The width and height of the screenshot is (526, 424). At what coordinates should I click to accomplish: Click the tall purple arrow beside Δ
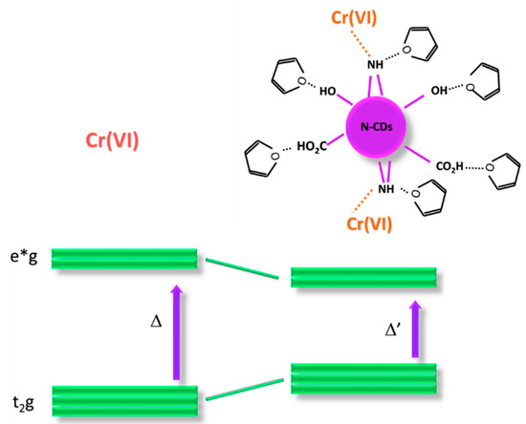coord(176,329)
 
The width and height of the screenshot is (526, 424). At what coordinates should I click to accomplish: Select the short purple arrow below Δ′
coord(415,330)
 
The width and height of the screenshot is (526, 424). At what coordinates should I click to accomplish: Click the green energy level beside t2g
coord(124,401)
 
